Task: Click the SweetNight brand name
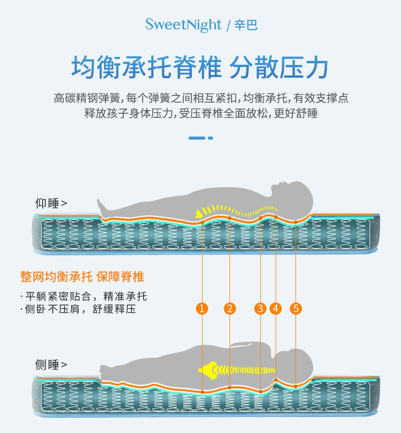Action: pyautogui.click(x=183, y=24)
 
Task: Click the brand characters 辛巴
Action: pyautogui.click(x=246, y=25)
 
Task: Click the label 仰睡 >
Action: pyautogui.click(x=51, y=204)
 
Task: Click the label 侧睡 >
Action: pyautogui.click(x=51, y=364)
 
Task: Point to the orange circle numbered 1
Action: pyautogui.click(x=202, y=308)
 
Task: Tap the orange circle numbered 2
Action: pyautogui.click(x=230, y=308)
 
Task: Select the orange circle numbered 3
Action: pyautogui.click(x=260, y=308)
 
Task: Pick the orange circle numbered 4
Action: pyautogui.click(x=276, y=308)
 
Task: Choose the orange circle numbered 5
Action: pyautogui.click(x=296, y=308)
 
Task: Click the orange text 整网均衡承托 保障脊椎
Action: pyautogui.click(x=82, y=277)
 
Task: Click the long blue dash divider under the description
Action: pyautogui.click(x=197, y=138)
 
